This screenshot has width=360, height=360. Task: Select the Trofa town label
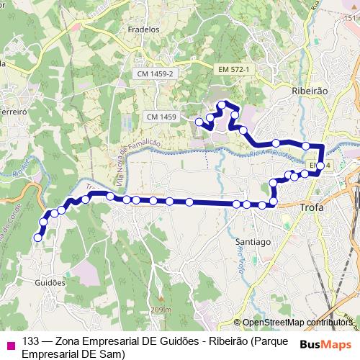(312, 208)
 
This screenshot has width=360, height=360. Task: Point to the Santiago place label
(252, 242)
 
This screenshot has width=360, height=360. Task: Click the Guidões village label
(50, 283)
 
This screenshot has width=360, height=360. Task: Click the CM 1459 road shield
(161, 116)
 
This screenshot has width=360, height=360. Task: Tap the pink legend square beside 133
(9, 343)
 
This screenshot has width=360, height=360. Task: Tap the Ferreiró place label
(13, 112)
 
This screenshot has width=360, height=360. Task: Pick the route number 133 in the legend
(30, 341)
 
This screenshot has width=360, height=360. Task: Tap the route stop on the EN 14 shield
(320, 166)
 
